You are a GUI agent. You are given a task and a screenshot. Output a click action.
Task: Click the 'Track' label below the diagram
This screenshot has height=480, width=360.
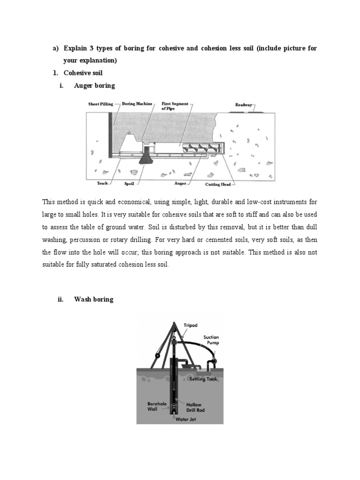(103, 183)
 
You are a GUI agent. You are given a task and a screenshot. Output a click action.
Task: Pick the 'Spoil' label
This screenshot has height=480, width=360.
(129, 183)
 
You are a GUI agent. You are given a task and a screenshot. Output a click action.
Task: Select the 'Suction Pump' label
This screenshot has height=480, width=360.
(211, 340)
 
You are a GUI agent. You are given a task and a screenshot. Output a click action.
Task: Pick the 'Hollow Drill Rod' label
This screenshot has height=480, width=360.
(195, 407)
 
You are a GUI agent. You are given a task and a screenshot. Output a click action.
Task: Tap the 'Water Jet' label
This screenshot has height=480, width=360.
(185, 420)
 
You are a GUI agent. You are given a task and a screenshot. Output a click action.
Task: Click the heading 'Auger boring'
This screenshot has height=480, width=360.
(94, 86)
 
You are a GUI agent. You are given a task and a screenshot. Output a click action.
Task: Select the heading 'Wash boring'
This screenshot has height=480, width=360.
(94, 299)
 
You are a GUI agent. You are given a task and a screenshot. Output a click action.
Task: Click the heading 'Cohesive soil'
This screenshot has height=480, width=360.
(83, 73)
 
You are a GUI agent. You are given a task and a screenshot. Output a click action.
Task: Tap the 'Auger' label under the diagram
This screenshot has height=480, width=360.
(180, 183)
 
